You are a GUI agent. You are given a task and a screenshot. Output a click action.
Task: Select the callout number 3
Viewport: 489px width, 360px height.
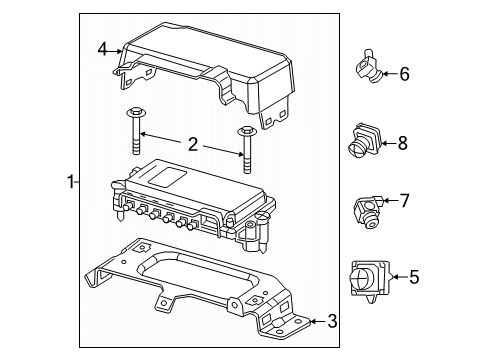pos(331,321)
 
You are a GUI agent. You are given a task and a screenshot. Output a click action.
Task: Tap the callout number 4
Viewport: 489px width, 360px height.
pos(102,48)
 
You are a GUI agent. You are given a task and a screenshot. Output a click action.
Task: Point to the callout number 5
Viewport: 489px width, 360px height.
pos(414,277)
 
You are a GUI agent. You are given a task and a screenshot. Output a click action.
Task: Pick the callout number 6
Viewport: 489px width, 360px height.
pos(404,73)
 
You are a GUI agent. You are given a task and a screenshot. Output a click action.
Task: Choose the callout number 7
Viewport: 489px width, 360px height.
pos(405,201)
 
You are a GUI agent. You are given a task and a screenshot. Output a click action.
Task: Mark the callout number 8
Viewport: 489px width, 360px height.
pos(402,143)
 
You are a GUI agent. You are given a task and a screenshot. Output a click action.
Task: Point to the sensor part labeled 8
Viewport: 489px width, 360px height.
pos(363,141)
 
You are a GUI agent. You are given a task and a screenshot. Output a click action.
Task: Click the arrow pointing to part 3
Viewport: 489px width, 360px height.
pos(315,321)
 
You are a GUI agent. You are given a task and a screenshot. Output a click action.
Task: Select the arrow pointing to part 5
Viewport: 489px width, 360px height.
pos(396,277)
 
